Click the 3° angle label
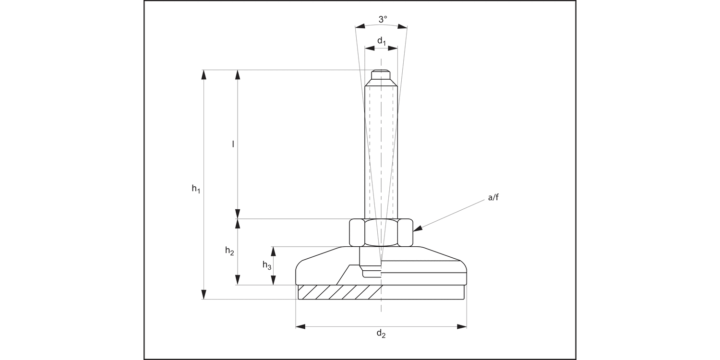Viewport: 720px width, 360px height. tap(382, 20)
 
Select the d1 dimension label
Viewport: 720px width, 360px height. tap(381, 42)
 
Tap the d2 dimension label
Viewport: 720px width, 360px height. tap(381, 334)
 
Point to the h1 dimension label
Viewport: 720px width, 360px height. tap(196, 189)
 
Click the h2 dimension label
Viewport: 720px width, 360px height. tap(230, 251)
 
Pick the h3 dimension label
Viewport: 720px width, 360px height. tap(266, 264)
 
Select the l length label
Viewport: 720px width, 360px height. tap(233, 144)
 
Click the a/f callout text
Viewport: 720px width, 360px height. tap(493, 197)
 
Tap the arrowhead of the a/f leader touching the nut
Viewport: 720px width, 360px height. tap(418, 229)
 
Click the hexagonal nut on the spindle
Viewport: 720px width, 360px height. tap(381, 232)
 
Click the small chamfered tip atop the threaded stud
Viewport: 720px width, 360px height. tap(381, 74)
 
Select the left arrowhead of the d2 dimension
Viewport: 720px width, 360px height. tap(300, 326)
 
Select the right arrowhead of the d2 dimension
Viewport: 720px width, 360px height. tap(461, 326)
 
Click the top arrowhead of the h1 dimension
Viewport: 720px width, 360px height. tap(204, 74)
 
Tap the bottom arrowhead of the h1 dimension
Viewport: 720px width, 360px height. tap(204, 294)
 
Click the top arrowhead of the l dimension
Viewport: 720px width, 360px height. tap(237, 74)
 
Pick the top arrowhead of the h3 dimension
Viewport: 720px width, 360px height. tap(274, 251)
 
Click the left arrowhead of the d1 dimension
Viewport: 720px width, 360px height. tap(369, 48)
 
